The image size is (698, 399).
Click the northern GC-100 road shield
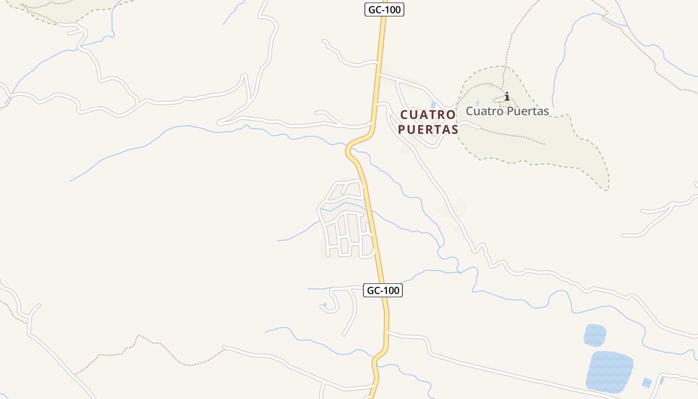(x=384, y=9)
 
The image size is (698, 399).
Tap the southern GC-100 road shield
(x=382, y=290)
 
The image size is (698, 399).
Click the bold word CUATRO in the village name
(x=428, y=115)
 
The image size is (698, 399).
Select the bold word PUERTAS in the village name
(x=428, y=130)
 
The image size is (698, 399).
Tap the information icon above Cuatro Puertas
(x=507, y=96)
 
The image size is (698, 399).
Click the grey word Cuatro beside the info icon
(x=483, y=111)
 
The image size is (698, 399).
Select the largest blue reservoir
(x=609, y=372)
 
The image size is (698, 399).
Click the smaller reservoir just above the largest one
(x=595, y=335)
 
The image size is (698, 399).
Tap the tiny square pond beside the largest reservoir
(x=646, y=383)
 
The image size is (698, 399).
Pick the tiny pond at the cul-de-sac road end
(x=325, y=305)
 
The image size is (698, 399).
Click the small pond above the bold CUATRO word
(x=432, y=105)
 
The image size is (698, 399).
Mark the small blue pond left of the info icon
(x=478, y=103)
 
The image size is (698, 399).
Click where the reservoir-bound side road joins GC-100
(x=387, y=332)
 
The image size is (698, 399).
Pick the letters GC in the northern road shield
(x=374, y=9)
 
